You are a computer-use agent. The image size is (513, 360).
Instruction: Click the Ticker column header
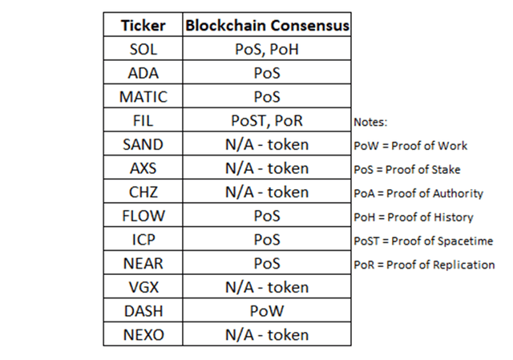pyautogui.click(x=143, y=25)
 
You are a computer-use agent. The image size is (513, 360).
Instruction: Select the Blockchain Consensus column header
pyautogui.click(x=267, y=25)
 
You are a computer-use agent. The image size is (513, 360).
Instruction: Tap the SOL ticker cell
pyautogui.click(x=143, y=49)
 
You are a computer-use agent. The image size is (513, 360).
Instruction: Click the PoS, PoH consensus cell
pyautogui.click(x=267, y=49)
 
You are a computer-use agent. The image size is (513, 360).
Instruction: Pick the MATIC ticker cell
pyautogui.click(x=143, y=97)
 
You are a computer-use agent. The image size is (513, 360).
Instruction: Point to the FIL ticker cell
pyautogui.click(x=143, y=120)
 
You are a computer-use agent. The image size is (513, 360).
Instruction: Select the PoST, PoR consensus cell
pyautogui.click(x=267, y=120)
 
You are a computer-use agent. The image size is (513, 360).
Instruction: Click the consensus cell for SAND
pyautogui.click(x=267, y=144)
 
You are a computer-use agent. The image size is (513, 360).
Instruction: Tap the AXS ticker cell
pyautogui.click(x=143, y=168)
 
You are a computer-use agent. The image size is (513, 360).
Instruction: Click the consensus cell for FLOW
pyautogui.click(x=267, y=216)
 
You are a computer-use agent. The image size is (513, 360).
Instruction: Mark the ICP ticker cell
pyautogui.click(x=143, y=240)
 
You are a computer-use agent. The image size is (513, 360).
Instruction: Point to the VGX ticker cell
pyautogui.click(x=143, y=287)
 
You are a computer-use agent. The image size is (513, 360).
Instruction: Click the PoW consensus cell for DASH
pyautogui.click(x=267, y=311)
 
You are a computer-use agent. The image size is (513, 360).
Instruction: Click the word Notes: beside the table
pyautogui.click(x=370, y=122)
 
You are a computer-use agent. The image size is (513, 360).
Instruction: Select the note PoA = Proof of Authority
pyautogui.click(x=418, y=193)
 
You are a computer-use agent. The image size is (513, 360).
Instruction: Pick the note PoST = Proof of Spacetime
pyautogui.click(x=423, y=241)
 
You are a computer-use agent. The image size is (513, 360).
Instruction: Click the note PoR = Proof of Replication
pyautogui.click(x=424, y=265)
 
